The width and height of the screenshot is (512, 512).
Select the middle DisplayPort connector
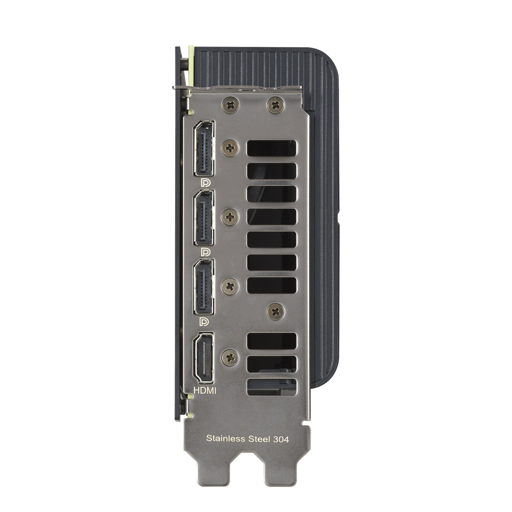click(204, 218)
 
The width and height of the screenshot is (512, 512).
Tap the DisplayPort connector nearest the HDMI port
click(204, 287)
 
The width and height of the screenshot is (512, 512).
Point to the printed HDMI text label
click(205, 391)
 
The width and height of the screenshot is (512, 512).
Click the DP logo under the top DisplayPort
click(206, 183)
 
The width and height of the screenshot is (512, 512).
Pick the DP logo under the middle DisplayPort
click(206, 252)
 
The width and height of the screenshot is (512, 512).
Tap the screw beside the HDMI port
click(230, 357)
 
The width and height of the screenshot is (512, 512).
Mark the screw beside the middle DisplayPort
click(230, 217)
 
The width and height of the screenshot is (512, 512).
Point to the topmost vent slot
click(272, 148)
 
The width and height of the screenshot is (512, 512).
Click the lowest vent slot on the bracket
click(272, 387)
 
